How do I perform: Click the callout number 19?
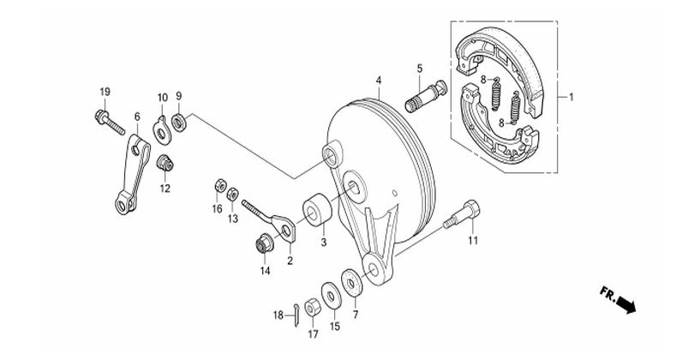pyautogui.click(x=105, y=92)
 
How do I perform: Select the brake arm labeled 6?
pyautogui.click(x=132, y=175)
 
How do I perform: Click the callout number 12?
pyautogui.click(x=165, y=189)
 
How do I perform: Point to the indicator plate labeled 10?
pyautogui.click(x=162, y=130)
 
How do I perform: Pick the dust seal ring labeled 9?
pyautogui.click(x=179, y=123)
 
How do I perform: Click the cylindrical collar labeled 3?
pyautogui.click(x=317, y=209)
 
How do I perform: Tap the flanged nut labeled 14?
pyautogui.click(x=265, y=243)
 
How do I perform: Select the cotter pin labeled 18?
pyautogui.click(x=296, y=315)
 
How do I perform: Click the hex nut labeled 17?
pyautogui.click(x=314, y=306)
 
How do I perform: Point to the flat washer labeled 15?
pyautogui.click(x=332, y=296)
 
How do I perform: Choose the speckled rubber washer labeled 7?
pyautogui.click(x=352, y=282)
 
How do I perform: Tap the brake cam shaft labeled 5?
pyautogui.click(x=426, y=96)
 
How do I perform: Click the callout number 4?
pyautogui.click(x=379, y=81)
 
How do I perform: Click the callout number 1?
pyautogui.click(x=571, y=97)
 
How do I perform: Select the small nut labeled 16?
pyautogui.click(x=220, y=186)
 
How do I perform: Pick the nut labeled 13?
pyautogui.click(x=233, y=195)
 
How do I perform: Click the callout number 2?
pyautogui.click(x=290, y=261)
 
